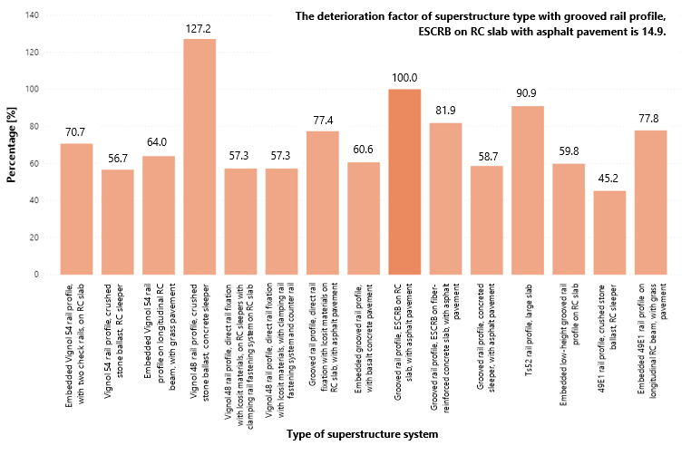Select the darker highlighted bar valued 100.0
pos(404,181)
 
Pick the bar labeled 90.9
pos(528,190)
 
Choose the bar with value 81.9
pos(445,198)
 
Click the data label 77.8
pos(650,117)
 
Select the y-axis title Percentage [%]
pos(12,145)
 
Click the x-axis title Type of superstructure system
pos(362,435)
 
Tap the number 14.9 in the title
pos(654,31)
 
